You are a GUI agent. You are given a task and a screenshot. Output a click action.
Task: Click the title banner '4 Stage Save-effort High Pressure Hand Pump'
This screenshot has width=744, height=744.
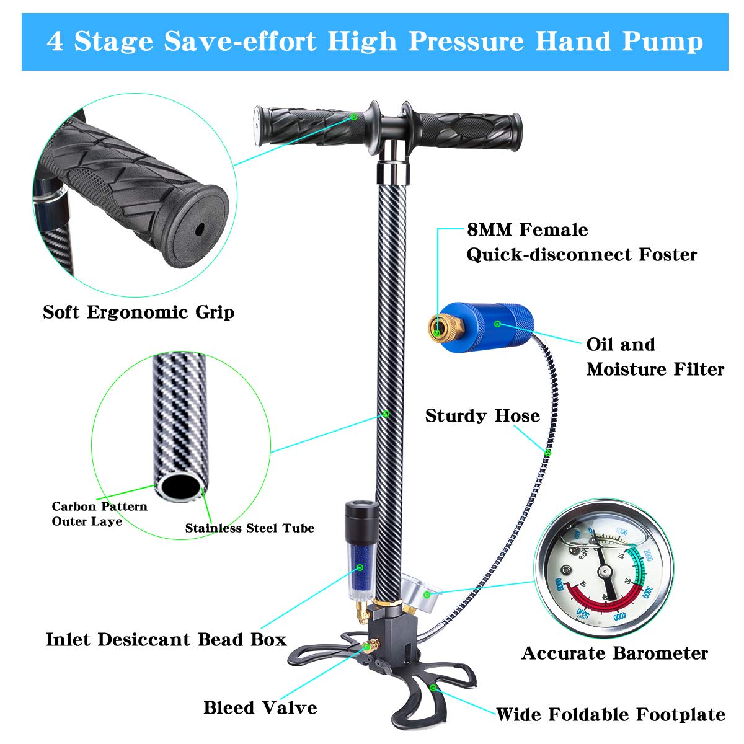[x=374, y=42]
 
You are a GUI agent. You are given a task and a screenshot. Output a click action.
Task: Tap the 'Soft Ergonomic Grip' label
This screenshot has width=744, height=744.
[x=138, y=311]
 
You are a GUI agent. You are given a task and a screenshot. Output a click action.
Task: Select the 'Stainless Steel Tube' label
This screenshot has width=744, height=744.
[x=249, y=528]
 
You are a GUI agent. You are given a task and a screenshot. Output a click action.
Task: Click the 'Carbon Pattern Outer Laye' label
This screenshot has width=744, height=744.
[x=99, y=513]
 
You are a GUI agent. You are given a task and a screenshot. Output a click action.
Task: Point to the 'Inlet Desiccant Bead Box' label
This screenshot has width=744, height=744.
[x=166, y=639]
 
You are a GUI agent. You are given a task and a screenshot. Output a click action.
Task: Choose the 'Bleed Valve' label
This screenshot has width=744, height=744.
[x=260, y=707]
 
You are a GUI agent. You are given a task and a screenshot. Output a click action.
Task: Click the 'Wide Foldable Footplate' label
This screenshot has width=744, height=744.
[x=610, y=714]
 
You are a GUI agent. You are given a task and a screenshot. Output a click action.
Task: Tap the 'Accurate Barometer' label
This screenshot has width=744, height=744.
[x=614, y=653]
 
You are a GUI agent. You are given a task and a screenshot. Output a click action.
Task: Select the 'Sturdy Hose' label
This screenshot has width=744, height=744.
[x=482, y=415]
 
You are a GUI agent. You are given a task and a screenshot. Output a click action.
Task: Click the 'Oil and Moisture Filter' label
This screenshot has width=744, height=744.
[x=655, y=356]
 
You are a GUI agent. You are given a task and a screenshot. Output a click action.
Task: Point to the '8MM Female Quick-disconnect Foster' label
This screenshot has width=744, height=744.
[x=581, y=242]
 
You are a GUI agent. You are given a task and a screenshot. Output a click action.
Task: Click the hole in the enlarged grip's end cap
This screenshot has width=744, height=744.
[x=199, y=229]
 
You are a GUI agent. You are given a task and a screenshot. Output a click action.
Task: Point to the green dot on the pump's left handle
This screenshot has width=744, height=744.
[x=353, y=116]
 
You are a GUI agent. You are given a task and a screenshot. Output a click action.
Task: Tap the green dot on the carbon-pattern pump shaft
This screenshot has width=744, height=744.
[x=385, y=413]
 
